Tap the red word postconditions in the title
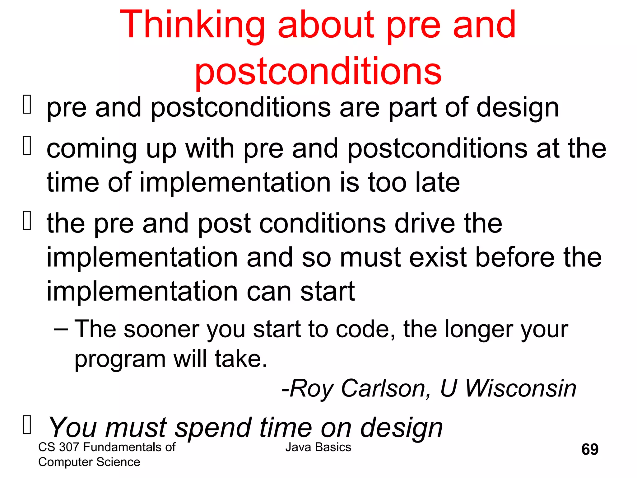point(318,72)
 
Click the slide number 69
point(590,449)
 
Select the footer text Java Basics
point(318,447)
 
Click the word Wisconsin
point(520,388)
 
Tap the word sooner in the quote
point(161,329)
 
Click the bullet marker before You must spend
point(27,425)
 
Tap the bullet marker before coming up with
point(27,146)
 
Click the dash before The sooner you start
point(61,329)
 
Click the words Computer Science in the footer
point(89,462)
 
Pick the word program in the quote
point(120,360)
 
